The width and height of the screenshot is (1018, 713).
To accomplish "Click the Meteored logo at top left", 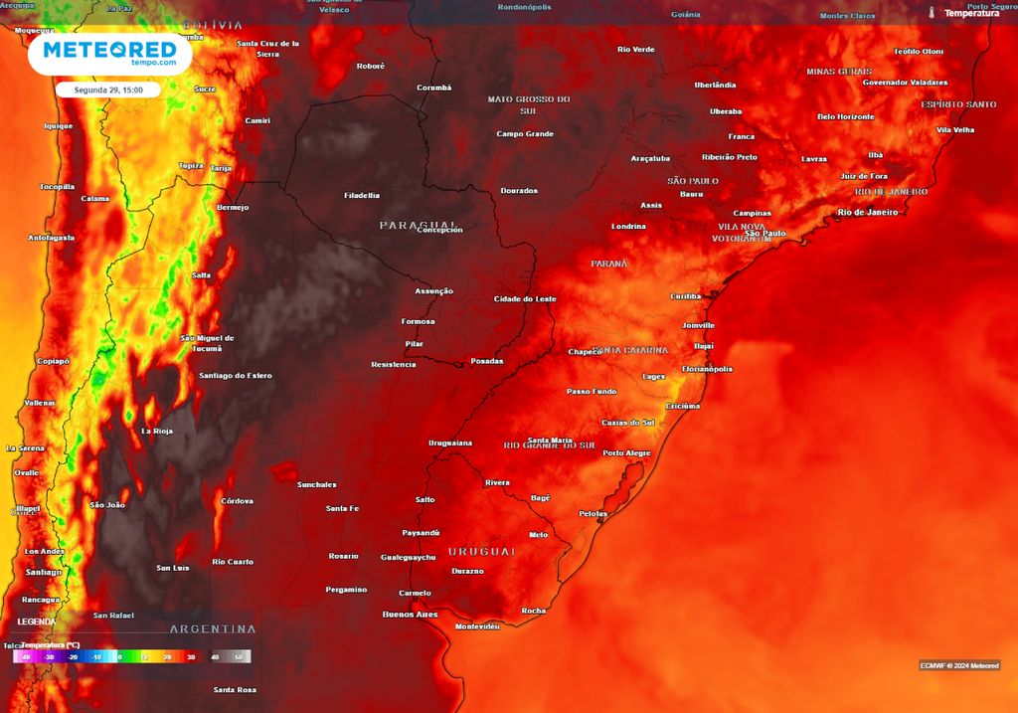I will (109, 54).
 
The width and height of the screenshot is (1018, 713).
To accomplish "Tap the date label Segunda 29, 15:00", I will (107, 89).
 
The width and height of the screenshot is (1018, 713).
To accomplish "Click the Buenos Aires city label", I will (410, 615).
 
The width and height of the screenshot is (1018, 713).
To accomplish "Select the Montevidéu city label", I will (476, 626).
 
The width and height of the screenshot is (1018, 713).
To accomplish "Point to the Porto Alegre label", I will (626, 453).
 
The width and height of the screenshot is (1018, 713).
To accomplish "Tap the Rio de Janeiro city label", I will (867, 212).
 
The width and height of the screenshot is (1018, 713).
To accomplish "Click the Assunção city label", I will (433, 291).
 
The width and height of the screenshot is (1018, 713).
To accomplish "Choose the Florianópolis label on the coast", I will (707, 369).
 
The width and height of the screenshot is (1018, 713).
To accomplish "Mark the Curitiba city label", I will (685, 296).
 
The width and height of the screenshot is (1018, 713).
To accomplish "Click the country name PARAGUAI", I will (419, 225).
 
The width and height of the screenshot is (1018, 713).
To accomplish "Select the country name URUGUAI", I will (481, 551).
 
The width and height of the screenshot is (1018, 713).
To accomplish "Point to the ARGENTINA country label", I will (213, 629).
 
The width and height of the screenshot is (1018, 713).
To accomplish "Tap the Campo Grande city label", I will (524, 134).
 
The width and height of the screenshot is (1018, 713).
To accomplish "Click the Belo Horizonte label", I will (845, 116).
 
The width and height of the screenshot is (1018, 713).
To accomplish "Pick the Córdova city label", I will (237, 500).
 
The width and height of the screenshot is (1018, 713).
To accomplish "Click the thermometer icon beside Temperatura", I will (932, 13).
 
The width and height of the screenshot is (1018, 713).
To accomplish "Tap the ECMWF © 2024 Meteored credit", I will (958, 665).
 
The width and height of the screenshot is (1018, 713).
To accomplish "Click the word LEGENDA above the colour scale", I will (37, 621).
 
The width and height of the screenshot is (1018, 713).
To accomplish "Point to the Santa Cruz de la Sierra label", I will (268, 49).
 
